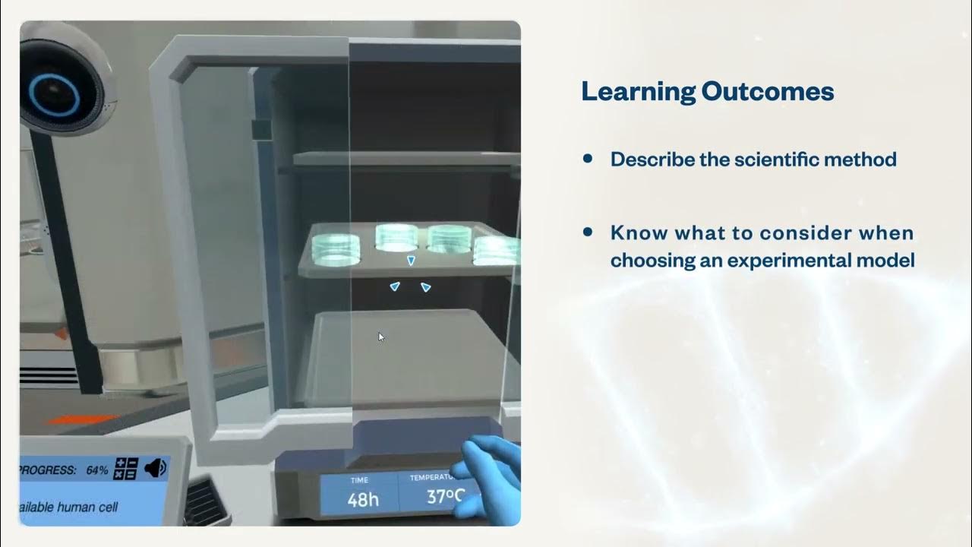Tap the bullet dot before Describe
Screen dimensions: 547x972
click(587, 159)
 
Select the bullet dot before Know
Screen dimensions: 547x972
click(587, 232)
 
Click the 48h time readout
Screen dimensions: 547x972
click(363, 499)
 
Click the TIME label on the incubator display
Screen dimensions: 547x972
click(359, 480)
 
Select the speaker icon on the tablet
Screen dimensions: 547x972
click(155, 468)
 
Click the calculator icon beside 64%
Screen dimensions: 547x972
click(125, 469)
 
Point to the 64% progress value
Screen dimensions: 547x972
click(96, 470)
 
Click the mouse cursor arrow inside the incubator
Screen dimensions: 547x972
click(381, 337)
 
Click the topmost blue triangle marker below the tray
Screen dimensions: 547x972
click(411, 261)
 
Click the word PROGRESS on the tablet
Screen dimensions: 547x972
click(48, 470)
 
